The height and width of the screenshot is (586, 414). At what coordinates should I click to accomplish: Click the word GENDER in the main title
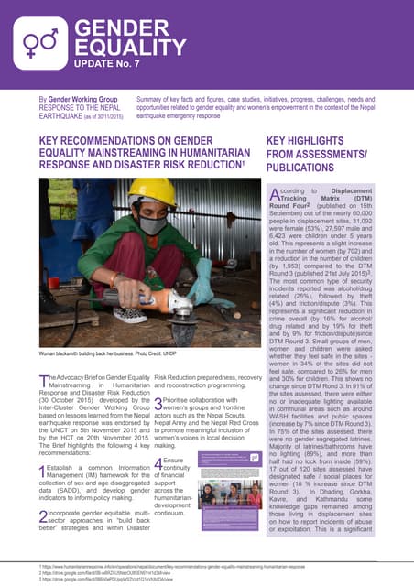[110, 30]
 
